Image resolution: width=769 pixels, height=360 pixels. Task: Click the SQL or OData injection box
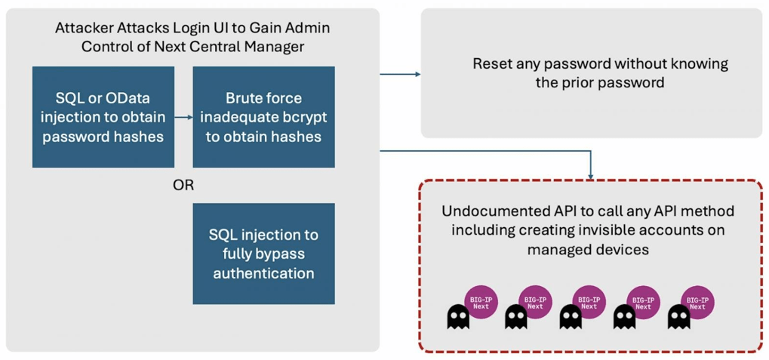[103, 117]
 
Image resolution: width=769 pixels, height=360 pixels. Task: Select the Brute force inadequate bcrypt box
[263, 117]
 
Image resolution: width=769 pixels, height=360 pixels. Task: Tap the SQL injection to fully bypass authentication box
[263, 253]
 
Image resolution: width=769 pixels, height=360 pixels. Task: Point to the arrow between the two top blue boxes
[183, 117]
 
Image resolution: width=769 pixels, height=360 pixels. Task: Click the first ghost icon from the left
[458, 317]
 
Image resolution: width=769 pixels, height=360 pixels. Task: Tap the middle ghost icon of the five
[571, 317]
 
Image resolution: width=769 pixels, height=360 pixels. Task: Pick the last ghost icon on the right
[679, 317]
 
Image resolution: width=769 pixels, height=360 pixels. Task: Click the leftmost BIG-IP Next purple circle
[481, 302]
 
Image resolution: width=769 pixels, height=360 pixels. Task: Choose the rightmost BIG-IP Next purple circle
[697, 302]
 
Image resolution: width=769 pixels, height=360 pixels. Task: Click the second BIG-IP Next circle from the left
[535, 302]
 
